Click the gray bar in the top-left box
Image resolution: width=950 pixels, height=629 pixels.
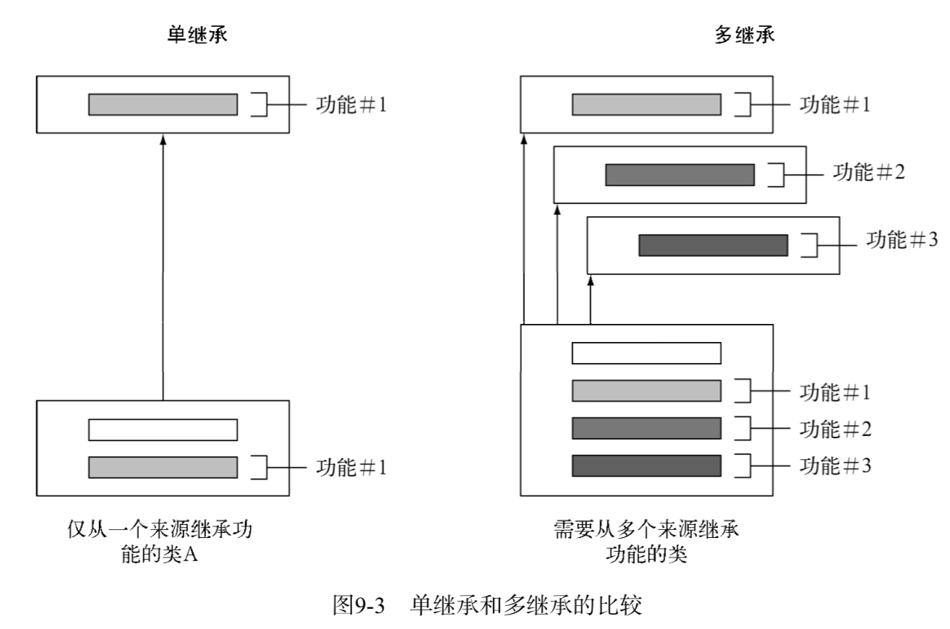click(163, 104)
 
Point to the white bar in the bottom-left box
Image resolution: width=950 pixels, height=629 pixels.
click(163, 429)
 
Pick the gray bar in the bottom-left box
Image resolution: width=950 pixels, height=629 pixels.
click(163, 467)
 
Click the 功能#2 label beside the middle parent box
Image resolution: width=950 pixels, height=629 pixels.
click(868, 174)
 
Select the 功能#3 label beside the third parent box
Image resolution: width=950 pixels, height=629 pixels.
click(902, 240)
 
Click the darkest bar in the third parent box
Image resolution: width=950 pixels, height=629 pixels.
click(713, 245)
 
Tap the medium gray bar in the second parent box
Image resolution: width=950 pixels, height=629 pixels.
click(680, 175)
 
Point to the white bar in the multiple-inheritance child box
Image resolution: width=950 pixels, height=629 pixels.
click(646, 353)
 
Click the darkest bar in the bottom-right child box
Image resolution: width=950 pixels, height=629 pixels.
click(646, 466)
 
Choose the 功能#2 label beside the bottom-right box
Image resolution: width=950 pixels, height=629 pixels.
click(834, 429)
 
